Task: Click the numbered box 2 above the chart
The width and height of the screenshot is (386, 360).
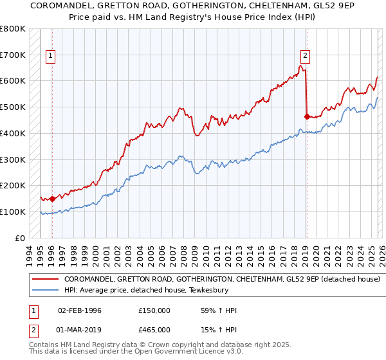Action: click(x=305, y=56)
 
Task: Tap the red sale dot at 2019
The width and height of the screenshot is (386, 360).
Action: click(x=306, y=116)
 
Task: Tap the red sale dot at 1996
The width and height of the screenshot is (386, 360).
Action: click(x=52, y=199)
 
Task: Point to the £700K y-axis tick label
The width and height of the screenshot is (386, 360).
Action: click(x=13, y=55)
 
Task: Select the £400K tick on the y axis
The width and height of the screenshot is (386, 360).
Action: click(x=13, y=134)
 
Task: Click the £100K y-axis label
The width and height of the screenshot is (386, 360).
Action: click(x=13, y=212)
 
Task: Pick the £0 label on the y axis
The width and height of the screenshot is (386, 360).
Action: click(x=20, y=238)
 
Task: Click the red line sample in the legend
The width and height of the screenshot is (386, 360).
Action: click(x=46, y=280)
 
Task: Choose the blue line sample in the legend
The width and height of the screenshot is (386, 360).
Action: click(x=46, y=290)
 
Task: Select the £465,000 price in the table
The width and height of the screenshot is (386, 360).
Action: click(x=154, y=329)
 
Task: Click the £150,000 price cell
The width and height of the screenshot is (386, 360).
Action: click(x=154, y=310)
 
